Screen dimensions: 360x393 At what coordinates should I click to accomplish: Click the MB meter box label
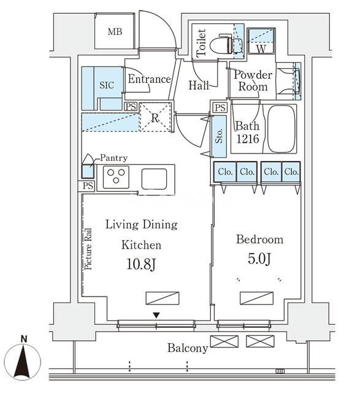point(115,32)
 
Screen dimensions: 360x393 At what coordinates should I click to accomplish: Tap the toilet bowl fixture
point(222,45)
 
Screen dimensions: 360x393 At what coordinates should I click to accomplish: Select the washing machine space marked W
point(261,41)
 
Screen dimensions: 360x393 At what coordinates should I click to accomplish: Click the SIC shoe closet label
point(107,85)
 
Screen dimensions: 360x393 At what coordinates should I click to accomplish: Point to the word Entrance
point(150,79)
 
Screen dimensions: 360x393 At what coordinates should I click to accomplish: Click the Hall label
point(199,85)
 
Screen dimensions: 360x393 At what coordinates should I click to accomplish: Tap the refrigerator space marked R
point(155,117)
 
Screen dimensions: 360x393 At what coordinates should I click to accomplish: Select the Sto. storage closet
point(219,136)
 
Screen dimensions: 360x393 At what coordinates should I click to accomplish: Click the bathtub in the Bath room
point(281,129)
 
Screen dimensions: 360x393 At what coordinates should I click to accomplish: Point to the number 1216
point(248,139)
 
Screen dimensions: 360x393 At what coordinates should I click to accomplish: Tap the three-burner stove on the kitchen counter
point(116,177)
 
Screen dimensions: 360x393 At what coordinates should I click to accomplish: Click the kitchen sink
point(154,179)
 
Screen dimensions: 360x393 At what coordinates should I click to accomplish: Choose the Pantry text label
point(113,158)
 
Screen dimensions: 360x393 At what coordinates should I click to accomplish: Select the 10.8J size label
point(142,265)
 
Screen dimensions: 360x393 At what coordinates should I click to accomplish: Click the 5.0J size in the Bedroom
point(259,259)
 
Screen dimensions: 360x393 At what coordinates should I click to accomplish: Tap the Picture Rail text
point(88,249)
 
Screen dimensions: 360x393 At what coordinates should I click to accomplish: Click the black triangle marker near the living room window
point(156,315)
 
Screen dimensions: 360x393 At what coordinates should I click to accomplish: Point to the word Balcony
point(188,348)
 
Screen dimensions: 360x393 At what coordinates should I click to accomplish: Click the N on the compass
point(24,339)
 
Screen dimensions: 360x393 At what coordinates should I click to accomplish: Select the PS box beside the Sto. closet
point(220,108)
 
